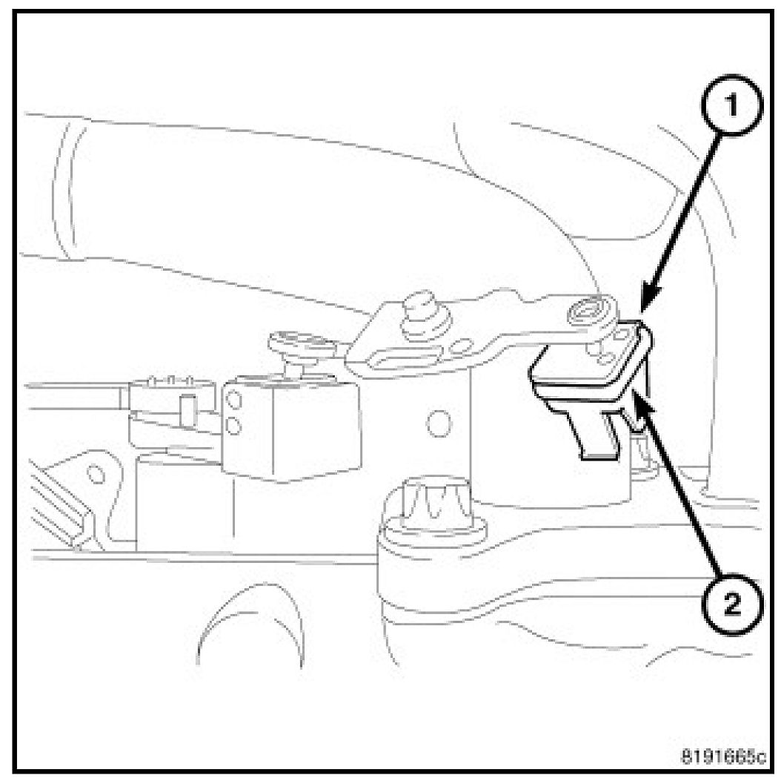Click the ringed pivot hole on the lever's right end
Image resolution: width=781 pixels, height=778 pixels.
[x=589, y=314]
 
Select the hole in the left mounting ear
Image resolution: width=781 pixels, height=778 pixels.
[x=94, y=471]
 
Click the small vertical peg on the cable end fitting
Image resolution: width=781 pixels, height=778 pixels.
[x=187, y=411]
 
